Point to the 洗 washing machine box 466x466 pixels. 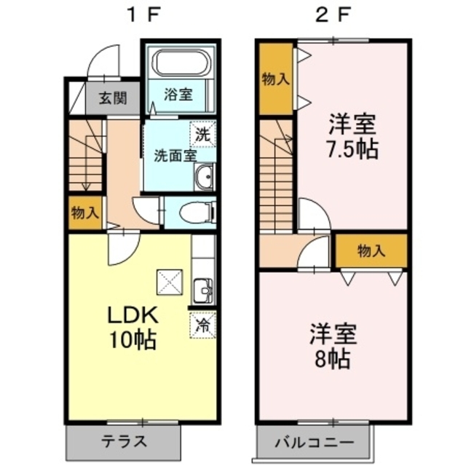[203, 133]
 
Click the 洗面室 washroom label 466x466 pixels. [175, 154]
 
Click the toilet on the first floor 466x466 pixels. [196, 213]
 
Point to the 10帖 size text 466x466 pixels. [133, 339]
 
